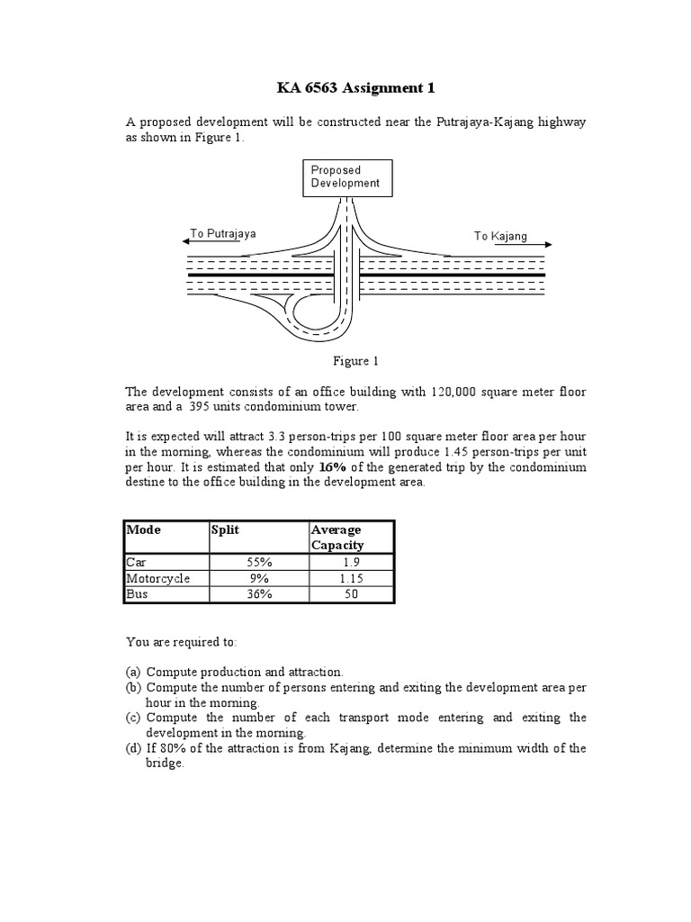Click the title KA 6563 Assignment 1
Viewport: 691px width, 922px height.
click(x=345, y=88)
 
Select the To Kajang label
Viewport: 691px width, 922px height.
click(x=500, y=236)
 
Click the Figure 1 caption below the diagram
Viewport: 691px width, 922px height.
click(x=355, y=361)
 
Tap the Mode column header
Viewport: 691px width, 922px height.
click(x=144, y=530)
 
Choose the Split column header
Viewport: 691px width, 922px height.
click(x=225, y=530)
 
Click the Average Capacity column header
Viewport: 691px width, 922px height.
click(x=337, y=538)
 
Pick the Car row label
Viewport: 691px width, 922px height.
click(x=136, y=561)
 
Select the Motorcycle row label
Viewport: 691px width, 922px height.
click(x=158, y=578)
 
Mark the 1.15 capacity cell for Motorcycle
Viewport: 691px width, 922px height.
click(x=351, y=578)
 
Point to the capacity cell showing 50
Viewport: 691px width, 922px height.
click(x=351, y=594)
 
